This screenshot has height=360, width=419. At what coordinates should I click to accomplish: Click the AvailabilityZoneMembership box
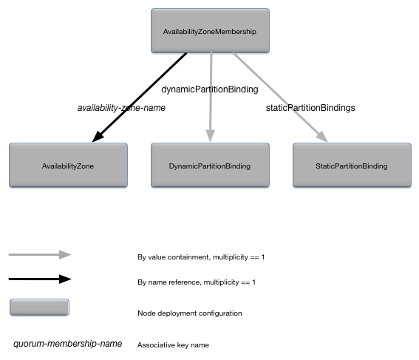(x=210, y=31)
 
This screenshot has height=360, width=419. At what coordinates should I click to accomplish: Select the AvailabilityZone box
(x=68, y=166)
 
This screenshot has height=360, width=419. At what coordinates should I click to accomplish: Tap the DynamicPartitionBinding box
(x=210, y=166)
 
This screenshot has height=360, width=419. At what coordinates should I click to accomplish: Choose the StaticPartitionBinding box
(x=351, y=166)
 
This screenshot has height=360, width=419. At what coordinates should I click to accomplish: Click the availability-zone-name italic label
(x=121, y=108)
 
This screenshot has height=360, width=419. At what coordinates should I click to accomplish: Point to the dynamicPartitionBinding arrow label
(x=210, y=89)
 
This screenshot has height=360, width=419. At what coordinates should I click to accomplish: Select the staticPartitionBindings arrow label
(x=310, y=108)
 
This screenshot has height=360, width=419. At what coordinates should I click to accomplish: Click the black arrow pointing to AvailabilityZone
(x=140, y=97)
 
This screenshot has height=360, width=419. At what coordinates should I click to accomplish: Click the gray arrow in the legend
(x=40, y=254)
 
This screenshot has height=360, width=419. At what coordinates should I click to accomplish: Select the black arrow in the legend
(x=40, y=279)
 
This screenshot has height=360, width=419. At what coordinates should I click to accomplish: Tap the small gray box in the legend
(x=39, y=308)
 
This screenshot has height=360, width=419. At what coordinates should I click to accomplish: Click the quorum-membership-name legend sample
(x=61, y=344)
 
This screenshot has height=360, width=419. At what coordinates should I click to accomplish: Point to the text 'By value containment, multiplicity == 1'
(x=201, y=257)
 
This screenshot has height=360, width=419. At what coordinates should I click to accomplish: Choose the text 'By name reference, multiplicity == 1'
(x=197, y=282)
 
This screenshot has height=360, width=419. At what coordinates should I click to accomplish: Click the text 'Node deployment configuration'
(x=189, y=313)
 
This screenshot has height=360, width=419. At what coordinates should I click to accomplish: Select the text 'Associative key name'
(x=174, y=344)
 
